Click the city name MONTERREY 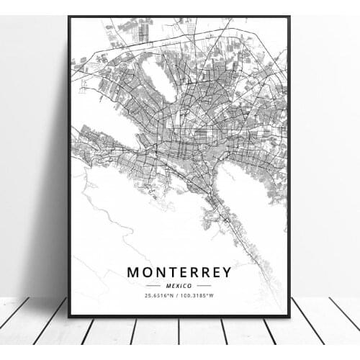pyautogui.click(x=179, y=272)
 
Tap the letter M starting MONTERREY pyautogui.click(x=133, y=272)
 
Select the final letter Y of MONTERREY pyautogui.click(x=226, y=272)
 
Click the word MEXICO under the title pyautogui.click(x=179, y=286)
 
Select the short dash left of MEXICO pyautogui.click(x=158, y=286)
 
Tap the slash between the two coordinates pyautogui.click(x=179, y=296)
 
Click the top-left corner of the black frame pyautogui.click(x=69, y=17)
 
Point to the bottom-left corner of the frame pyautogui.click(x=69, y=316)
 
